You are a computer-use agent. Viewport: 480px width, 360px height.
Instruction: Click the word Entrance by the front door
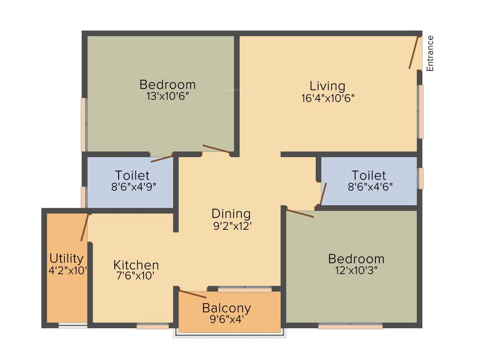pos(430,53)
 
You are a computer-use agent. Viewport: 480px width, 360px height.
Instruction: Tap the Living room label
pos(327,86)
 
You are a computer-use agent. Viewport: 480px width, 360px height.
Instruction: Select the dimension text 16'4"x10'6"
pos(328,98)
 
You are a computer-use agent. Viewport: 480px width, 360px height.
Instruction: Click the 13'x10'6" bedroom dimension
pos(167,96)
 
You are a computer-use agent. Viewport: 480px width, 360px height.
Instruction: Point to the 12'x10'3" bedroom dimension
pos(356,270)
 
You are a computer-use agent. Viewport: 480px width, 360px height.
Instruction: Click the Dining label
pos(231,214)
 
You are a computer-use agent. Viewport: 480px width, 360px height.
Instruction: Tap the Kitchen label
pos(136,265)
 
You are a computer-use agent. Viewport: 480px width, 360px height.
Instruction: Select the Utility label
pos(67,258)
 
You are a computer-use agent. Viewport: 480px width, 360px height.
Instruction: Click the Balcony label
pos(226,308)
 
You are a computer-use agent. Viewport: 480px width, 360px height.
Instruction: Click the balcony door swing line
pos(192,294)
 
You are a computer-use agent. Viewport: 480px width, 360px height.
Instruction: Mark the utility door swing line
pos(84,227)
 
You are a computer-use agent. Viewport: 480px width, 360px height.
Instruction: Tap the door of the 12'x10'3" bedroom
pos(300,214)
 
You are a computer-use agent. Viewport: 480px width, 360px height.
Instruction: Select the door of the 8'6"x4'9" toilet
pos(162,158)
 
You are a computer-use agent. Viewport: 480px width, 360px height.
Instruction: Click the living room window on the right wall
pos(420,112)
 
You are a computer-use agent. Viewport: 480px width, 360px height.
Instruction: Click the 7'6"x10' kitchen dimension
pos(135,276)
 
